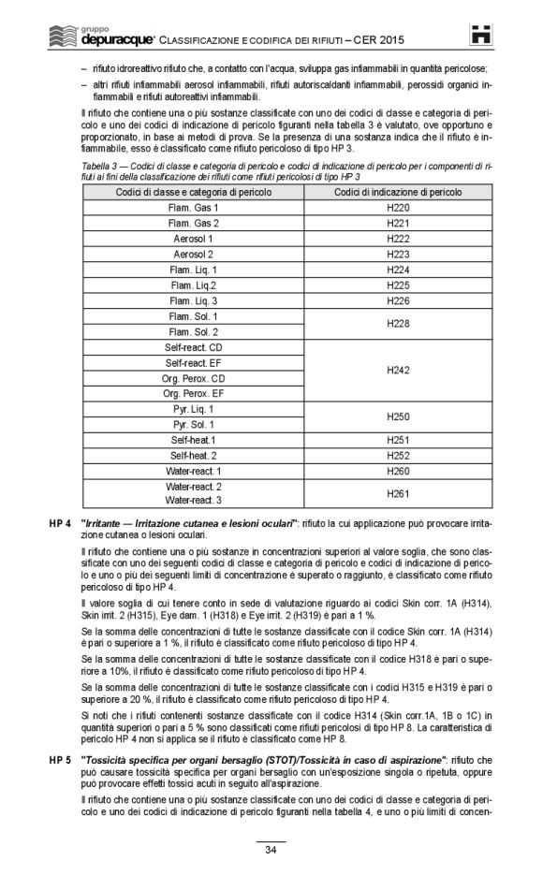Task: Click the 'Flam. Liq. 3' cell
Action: [x=193, y=301]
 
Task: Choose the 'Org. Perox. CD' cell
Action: [x=193, y=378]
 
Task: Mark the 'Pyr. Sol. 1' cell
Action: [x=193, y=425]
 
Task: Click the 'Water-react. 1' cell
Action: [x=193, y=471]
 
